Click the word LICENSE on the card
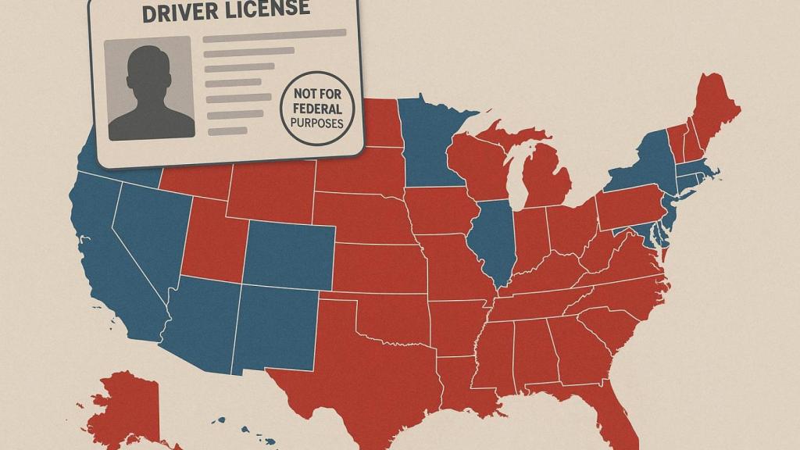coord(266,9)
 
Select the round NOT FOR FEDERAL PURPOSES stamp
coord(316,107)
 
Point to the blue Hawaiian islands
coord(234,430)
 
